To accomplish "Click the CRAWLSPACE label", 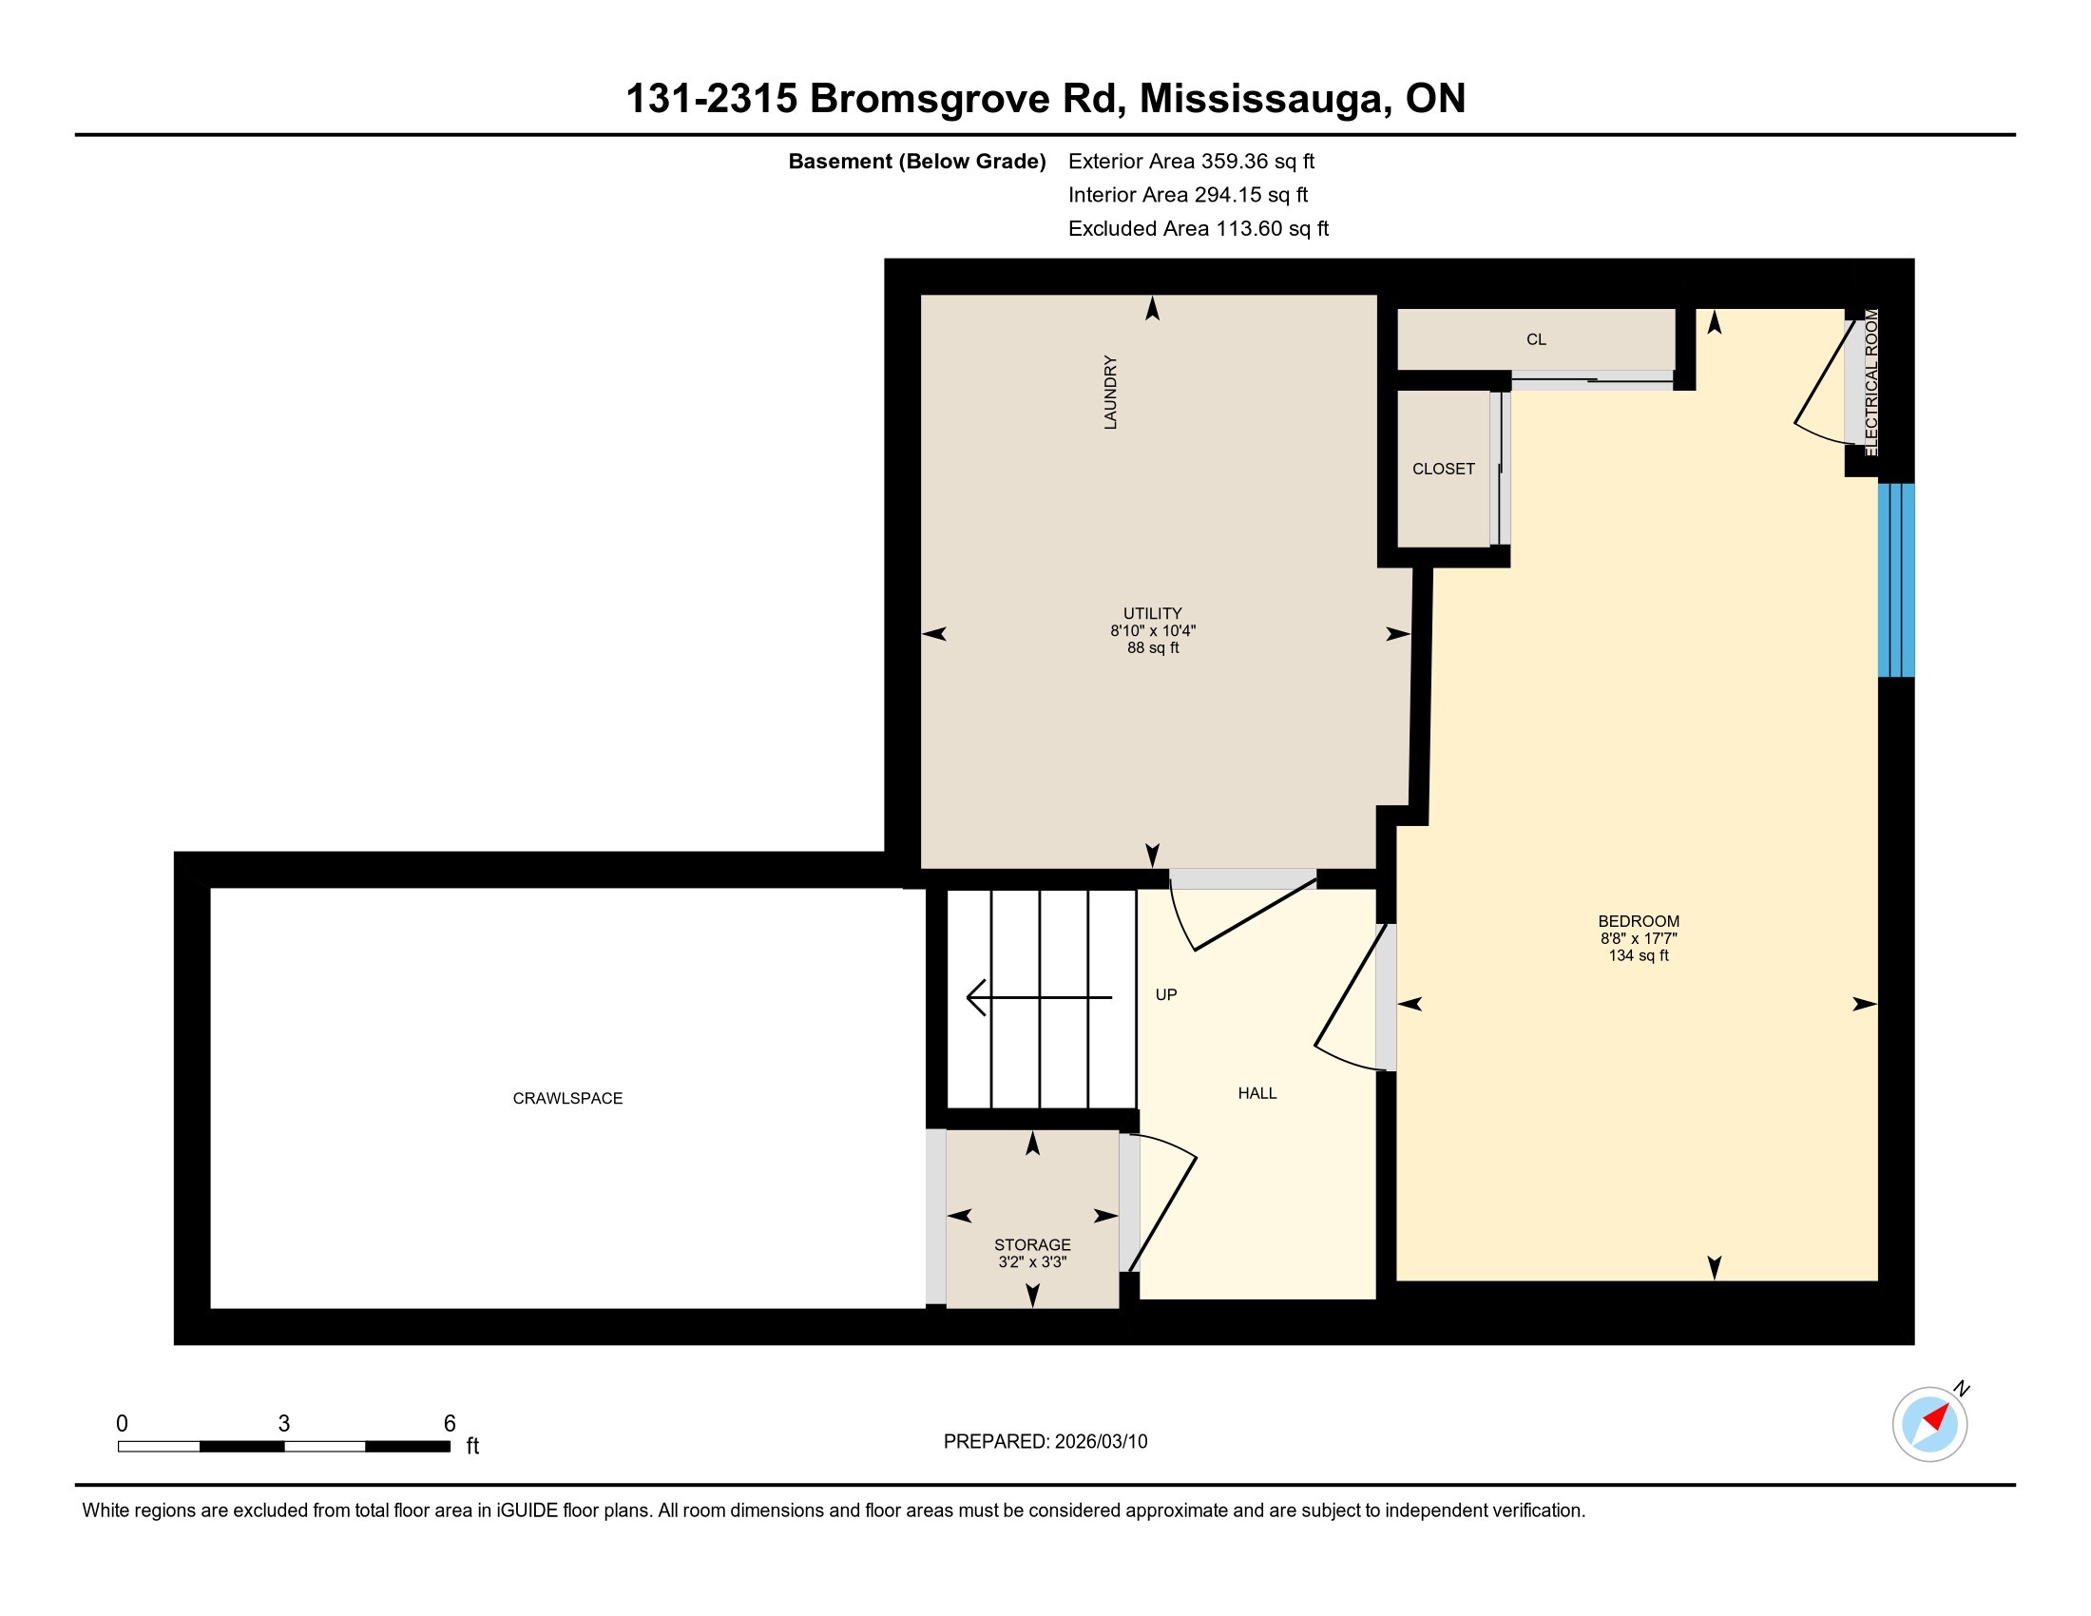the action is (x=567, y=1098).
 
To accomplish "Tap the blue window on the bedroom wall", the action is (x=1896, y=580).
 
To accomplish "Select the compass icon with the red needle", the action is (x=1930, y=1424).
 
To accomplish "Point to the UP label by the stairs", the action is (x=1166, y=994).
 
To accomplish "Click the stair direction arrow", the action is (x=1039, y=996).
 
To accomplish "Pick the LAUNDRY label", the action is (x=1110, y=393).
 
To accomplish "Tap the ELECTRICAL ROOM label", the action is (x=1871, y=383).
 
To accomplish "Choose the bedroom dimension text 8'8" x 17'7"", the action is (x=1640, y=938).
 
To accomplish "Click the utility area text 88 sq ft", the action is (x=1153, y=647).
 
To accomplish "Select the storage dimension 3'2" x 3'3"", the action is (x=1032, y=1261).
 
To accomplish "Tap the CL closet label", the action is (x=1537, y=339).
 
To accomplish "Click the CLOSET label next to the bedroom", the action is (x=1444, y=468).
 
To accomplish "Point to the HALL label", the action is (x=1257, y=1093).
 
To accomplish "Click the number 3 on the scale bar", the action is (x=284, y=1424).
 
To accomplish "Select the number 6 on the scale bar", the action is (x=450, y=1424).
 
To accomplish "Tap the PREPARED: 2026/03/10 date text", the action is (x=1045, y=1441).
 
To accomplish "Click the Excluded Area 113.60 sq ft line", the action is (x=1199, y=228).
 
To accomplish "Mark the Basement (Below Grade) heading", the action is (x=917, y=161).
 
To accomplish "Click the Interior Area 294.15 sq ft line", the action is (x=1188, y=194).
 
